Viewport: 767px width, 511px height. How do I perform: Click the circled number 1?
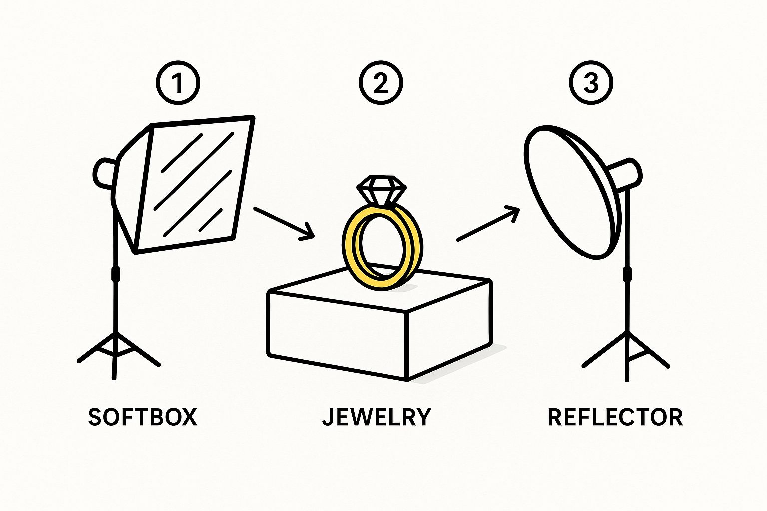(x=178, y=83)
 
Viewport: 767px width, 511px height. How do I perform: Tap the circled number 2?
(x=381, y=83)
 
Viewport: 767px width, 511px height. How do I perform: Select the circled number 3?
(x=591, y=83)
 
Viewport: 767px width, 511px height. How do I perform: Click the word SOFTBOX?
(x=143, y=417)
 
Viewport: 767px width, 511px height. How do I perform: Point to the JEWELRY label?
(x=377, y=417)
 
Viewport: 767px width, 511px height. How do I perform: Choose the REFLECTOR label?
(x=615, y=417)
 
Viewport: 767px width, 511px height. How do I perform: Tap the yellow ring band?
(x=350, y=250)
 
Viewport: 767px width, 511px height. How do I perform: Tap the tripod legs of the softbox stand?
(x=117, y=349)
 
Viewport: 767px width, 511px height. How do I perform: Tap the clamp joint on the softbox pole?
(x=116, y=274)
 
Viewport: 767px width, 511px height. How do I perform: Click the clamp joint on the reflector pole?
(x=626, y=275)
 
